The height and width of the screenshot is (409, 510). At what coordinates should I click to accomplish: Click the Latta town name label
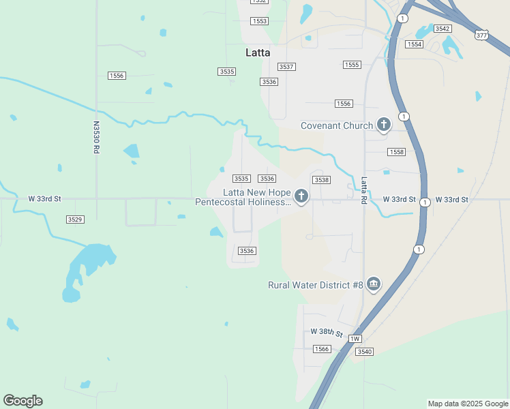pos(258,52)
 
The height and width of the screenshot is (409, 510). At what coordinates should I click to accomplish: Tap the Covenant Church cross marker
pos(384,125)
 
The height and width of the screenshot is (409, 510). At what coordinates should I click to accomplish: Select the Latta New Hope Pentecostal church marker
pos(301,197)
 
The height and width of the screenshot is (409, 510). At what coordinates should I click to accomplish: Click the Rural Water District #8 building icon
pos(373,284)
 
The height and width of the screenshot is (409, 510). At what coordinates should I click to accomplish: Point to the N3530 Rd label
pos(96,137)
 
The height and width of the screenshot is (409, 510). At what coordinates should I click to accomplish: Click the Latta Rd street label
pos(364,191)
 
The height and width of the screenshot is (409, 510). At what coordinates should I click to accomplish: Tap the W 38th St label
pos(326,332)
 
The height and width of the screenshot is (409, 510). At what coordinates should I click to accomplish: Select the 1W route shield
pos(355,339)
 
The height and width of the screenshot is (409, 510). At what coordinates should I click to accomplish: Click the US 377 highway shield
pos(482,35)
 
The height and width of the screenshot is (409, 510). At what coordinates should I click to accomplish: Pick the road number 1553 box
pos(259,22)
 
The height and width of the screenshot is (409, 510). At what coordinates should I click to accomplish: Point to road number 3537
pos(286,67)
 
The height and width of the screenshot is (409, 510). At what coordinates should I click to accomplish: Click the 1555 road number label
pos(351,65)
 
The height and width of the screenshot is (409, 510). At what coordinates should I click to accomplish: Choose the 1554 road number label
pos(414,44)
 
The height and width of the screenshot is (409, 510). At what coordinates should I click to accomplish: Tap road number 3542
pos(443,29)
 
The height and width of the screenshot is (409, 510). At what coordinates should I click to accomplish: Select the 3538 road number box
pos(321,180)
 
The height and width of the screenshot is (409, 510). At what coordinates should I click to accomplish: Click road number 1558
pos(395,152)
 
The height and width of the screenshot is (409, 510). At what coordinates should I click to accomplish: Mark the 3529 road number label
pos(75,219)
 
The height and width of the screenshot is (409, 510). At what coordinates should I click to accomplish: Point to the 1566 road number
pos(322,349)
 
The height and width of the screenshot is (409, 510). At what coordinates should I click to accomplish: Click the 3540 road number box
pos(364,352)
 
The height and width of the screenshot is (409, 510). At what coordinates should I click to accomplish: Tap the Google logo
pos(22,401)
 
